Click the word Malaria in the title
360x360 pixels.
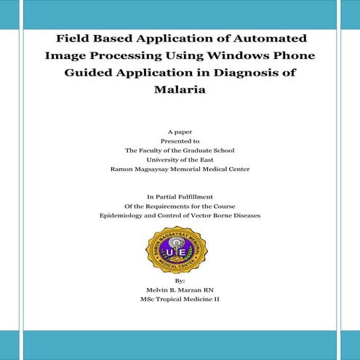click(x=180, y=90)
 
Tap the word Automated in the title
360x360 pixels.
click(x=265, y=39)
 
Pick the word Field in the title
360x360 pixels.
click(x=74, y=39)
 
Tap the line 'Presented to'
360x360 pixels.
click(x=180, y=140)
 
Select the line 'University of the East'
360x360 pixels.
click(x=180, y=159)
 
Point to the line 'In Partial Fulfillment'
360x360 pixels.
click(x=180, y=197)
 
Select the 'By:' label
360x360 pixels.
click(x=180, y=280)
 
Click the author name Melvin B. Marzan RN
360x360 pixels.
click(x=180, y=289)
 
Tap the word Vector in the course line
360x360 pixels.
click(x=198, y=216)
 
